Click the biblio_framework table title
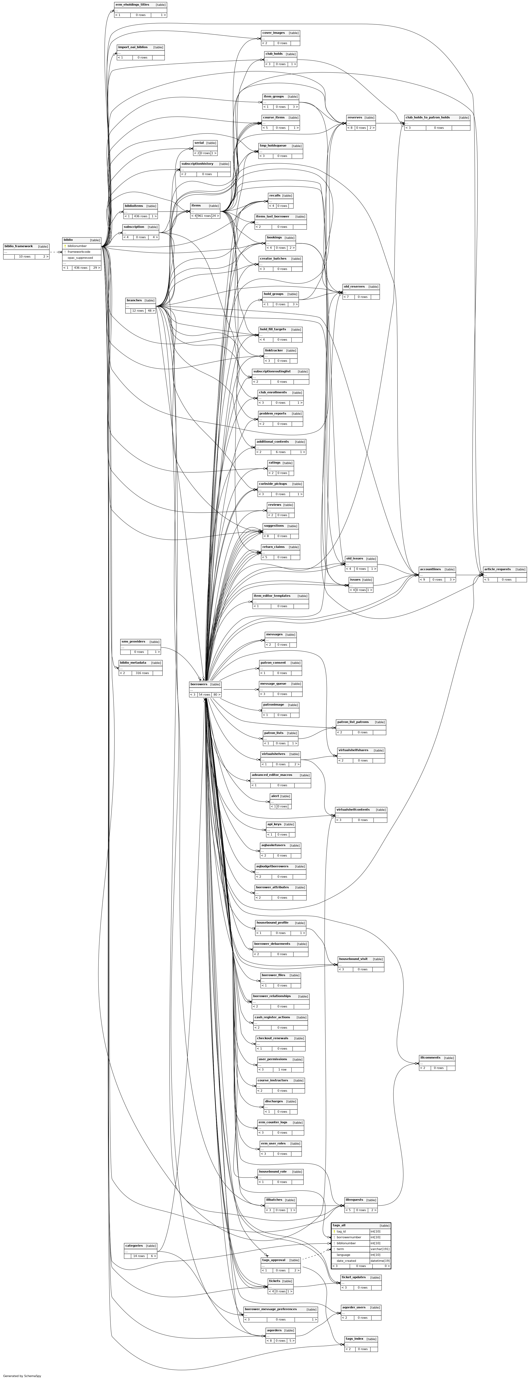coord(19,246)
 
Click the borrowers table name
coord(199,684)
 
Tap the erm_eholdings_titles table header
coord(132,4)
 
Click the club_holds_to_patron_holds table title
coord(427,117)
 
